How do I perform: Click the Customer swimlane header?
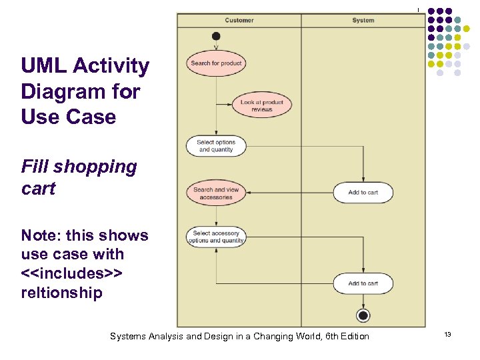point(239,21)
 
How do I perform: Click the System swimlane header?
point(363,21)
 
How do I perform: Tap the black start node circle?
point(215,35)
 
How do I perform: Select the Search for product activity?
point(216,63)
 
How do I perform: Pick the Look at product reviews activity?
point(262,105)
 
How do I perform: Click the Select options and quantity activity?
point(216,146)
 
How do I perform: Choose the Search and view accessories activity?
point(216,193)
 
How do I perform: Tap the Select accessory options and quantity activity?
point(216,237)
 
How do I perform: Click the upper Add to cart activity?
point(363,193)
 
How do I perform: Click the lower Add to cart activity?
point(363,283)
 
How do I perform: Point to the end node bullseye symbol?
point(363,315)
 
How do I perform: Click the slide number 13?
point(448,334)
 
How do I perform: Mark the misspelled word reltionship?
point(61,292)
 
